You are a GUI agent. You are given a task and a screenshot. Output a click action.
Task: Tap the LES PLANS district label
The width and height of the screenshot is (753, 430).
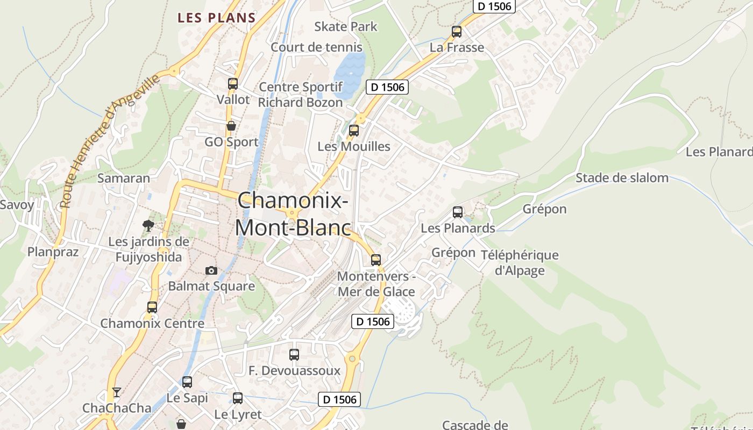(217, 17)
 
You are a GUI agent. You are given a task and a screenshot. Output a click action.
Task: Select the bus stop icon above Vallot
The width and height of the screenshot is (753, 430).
(233, 84)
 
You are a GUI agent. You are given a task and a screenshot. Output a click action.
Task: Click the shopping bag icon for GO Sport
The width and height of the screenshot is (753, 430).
(231, 126)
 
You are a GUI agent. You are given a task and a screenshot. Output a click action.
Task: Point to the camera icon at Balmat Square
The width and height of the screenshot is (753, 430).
(211, 270)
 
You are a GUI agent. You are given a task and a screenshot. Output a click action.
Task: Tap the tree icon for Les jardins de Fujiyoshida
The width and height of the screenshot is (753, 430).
(148, 226)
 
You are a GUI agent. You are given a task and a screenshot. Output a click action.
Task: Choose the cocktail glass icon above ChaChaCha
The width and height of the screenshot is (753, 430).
(117, 392)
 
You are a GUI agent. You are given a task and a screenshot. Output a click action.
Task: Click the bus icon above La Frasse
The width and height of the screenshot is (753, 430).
(457, 32)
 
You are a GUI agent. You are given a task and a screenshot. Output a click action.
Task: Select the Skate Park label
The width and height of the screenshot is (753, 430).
(346, 26)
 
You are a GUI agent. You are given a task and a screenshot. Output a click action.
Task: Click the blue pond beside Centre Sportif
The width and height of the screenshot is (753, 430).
(349, 73)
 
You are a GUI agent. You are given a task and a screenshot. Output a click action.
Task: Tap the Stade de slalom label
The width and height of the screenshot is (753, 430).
(622, 178)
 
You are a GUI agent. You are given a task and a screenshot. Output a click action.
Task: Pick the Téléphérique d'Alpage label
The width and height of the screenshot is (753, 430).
(520, 262)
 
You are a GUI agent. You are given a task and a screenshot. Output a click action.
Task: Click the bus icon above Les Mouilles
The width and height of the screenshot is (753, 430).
(354, 131)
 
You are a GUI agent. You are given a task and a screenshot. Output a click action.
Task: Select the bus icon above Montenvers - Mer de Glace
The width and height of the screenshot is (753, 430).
(376, 260)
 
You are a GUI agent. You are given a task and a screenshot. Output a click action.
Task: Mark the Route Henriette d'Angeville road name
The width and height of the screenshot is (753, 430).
(110, 141)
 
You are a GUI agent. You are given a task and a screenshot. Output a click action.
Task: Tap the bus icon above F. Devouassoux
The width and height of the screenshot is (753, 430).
(294, 355)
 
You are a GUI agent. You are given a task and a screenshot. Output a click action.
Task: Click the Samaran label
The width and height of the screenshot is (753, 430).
(124, 178)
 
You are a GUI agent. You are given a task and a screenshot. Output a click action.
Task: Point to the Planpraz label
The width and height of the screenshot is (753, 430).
(53, 252)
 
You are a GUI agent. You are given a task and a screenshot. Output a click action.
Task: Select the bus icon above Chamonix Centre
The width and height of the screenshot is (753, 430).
(152, 307)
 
